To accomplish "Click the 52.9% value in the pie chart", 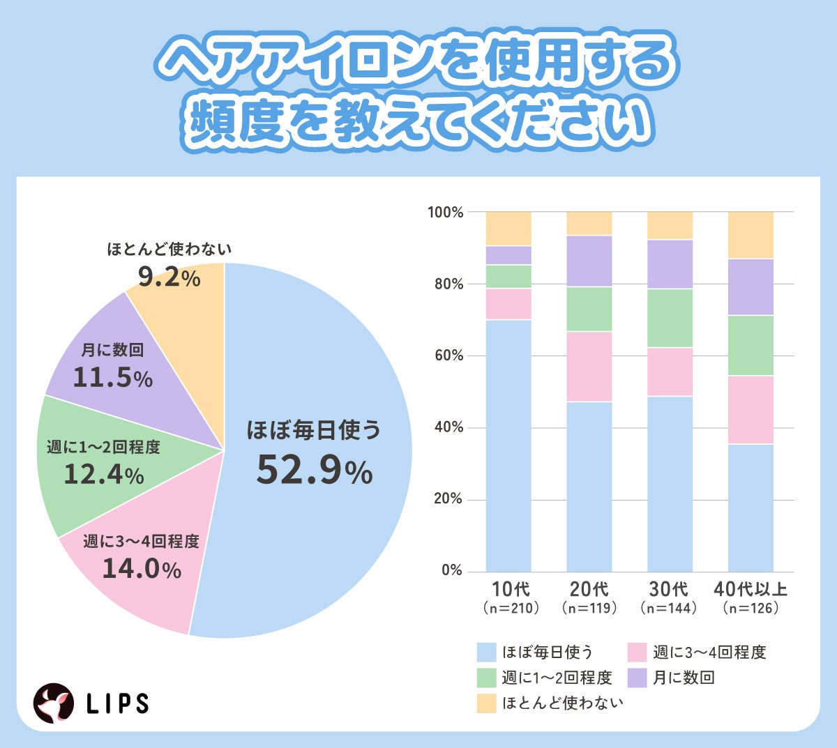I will click(x=314, y=470).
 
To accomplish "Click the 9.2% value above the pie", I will click(x=169, y=277).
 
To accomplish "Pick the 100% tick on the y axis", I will click(x=446, y=212).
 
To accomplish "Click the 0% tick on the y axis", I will click(x=452, y=570).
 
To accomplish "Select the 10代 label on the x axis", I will click(x=510, y=589).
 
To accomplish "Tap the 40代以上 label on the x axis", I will click(x=751, y=589).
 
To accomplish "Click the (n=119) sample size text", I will click(x=589, y=608).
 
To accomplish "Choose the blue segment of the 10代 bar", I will click(x=508, y=446).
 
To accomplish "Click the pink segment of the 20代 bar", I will click(x=589, y=367).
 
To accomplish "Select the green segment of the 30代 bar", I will click(x=670, y=318).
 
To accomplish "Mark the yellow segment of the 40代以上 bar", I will click(x=751, y=235).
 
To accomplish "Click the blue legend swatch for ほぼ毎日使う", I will click(x=486, y=652).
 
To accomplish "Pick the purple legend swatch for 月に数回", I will click(x=638, y=678).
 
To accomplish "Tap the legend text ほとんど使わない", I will click(x=562, y=703).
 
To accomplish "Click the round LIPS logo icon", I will click(x=54, y=703).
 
